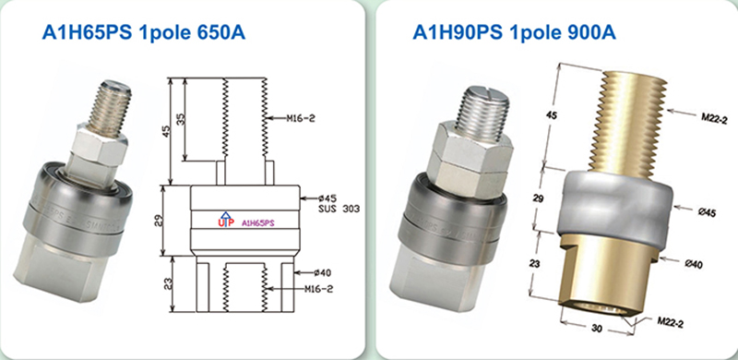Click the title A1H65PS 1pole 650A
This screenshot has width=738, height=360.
click(144, 32)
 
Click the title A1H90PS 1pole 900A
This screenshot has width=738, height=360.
click(515, 32)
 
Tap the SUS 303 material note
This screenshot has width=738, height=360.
click(337, 209)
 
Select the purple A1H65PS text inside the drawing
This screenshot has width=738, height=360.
click(257, 223)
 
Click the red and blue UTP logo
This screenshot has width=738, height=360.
click(226, 220)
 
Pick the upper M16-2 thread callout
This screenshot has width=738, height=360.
click(301, 118)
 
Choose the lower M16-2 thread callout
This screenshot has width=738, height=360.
click(317, 289)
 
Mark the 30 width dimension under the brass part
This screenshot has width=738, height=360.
click(596, 329)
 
